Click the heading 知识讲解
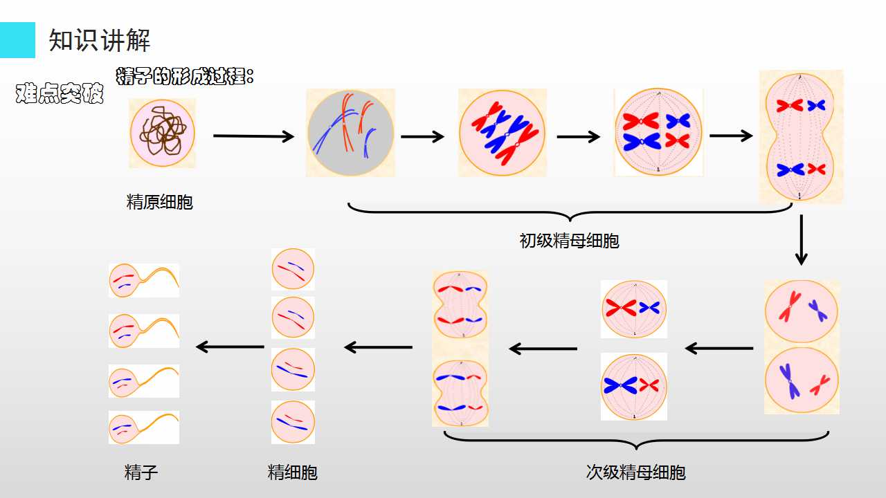[99, 40]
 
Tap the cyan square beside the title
[17, 40]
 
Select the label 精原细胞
[159, 202]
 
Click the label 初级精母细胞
[569, 241]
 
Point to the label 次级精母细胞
[635, 472]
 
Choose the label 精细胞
[292, 472]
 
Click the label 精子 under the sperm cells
[141, 472]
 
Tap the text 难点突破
[60, 93]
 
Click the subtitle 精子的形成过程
[185, 76]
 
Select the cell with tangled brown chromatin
[163, 133]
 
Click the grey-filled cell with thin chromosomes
[350, 133]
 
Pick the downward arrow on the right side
[802, 240]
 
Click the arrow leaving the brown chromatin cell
[253, 136]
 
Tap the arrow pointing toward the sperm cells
[230, 347]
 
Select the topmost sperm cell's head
[124, 280]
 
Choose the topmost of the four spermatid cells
[293, 269]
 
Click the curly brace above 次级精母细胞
[636, 441]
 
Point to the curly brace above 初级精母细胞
[570, 212]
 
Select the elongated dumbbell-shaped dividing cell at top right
[799, 136]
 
